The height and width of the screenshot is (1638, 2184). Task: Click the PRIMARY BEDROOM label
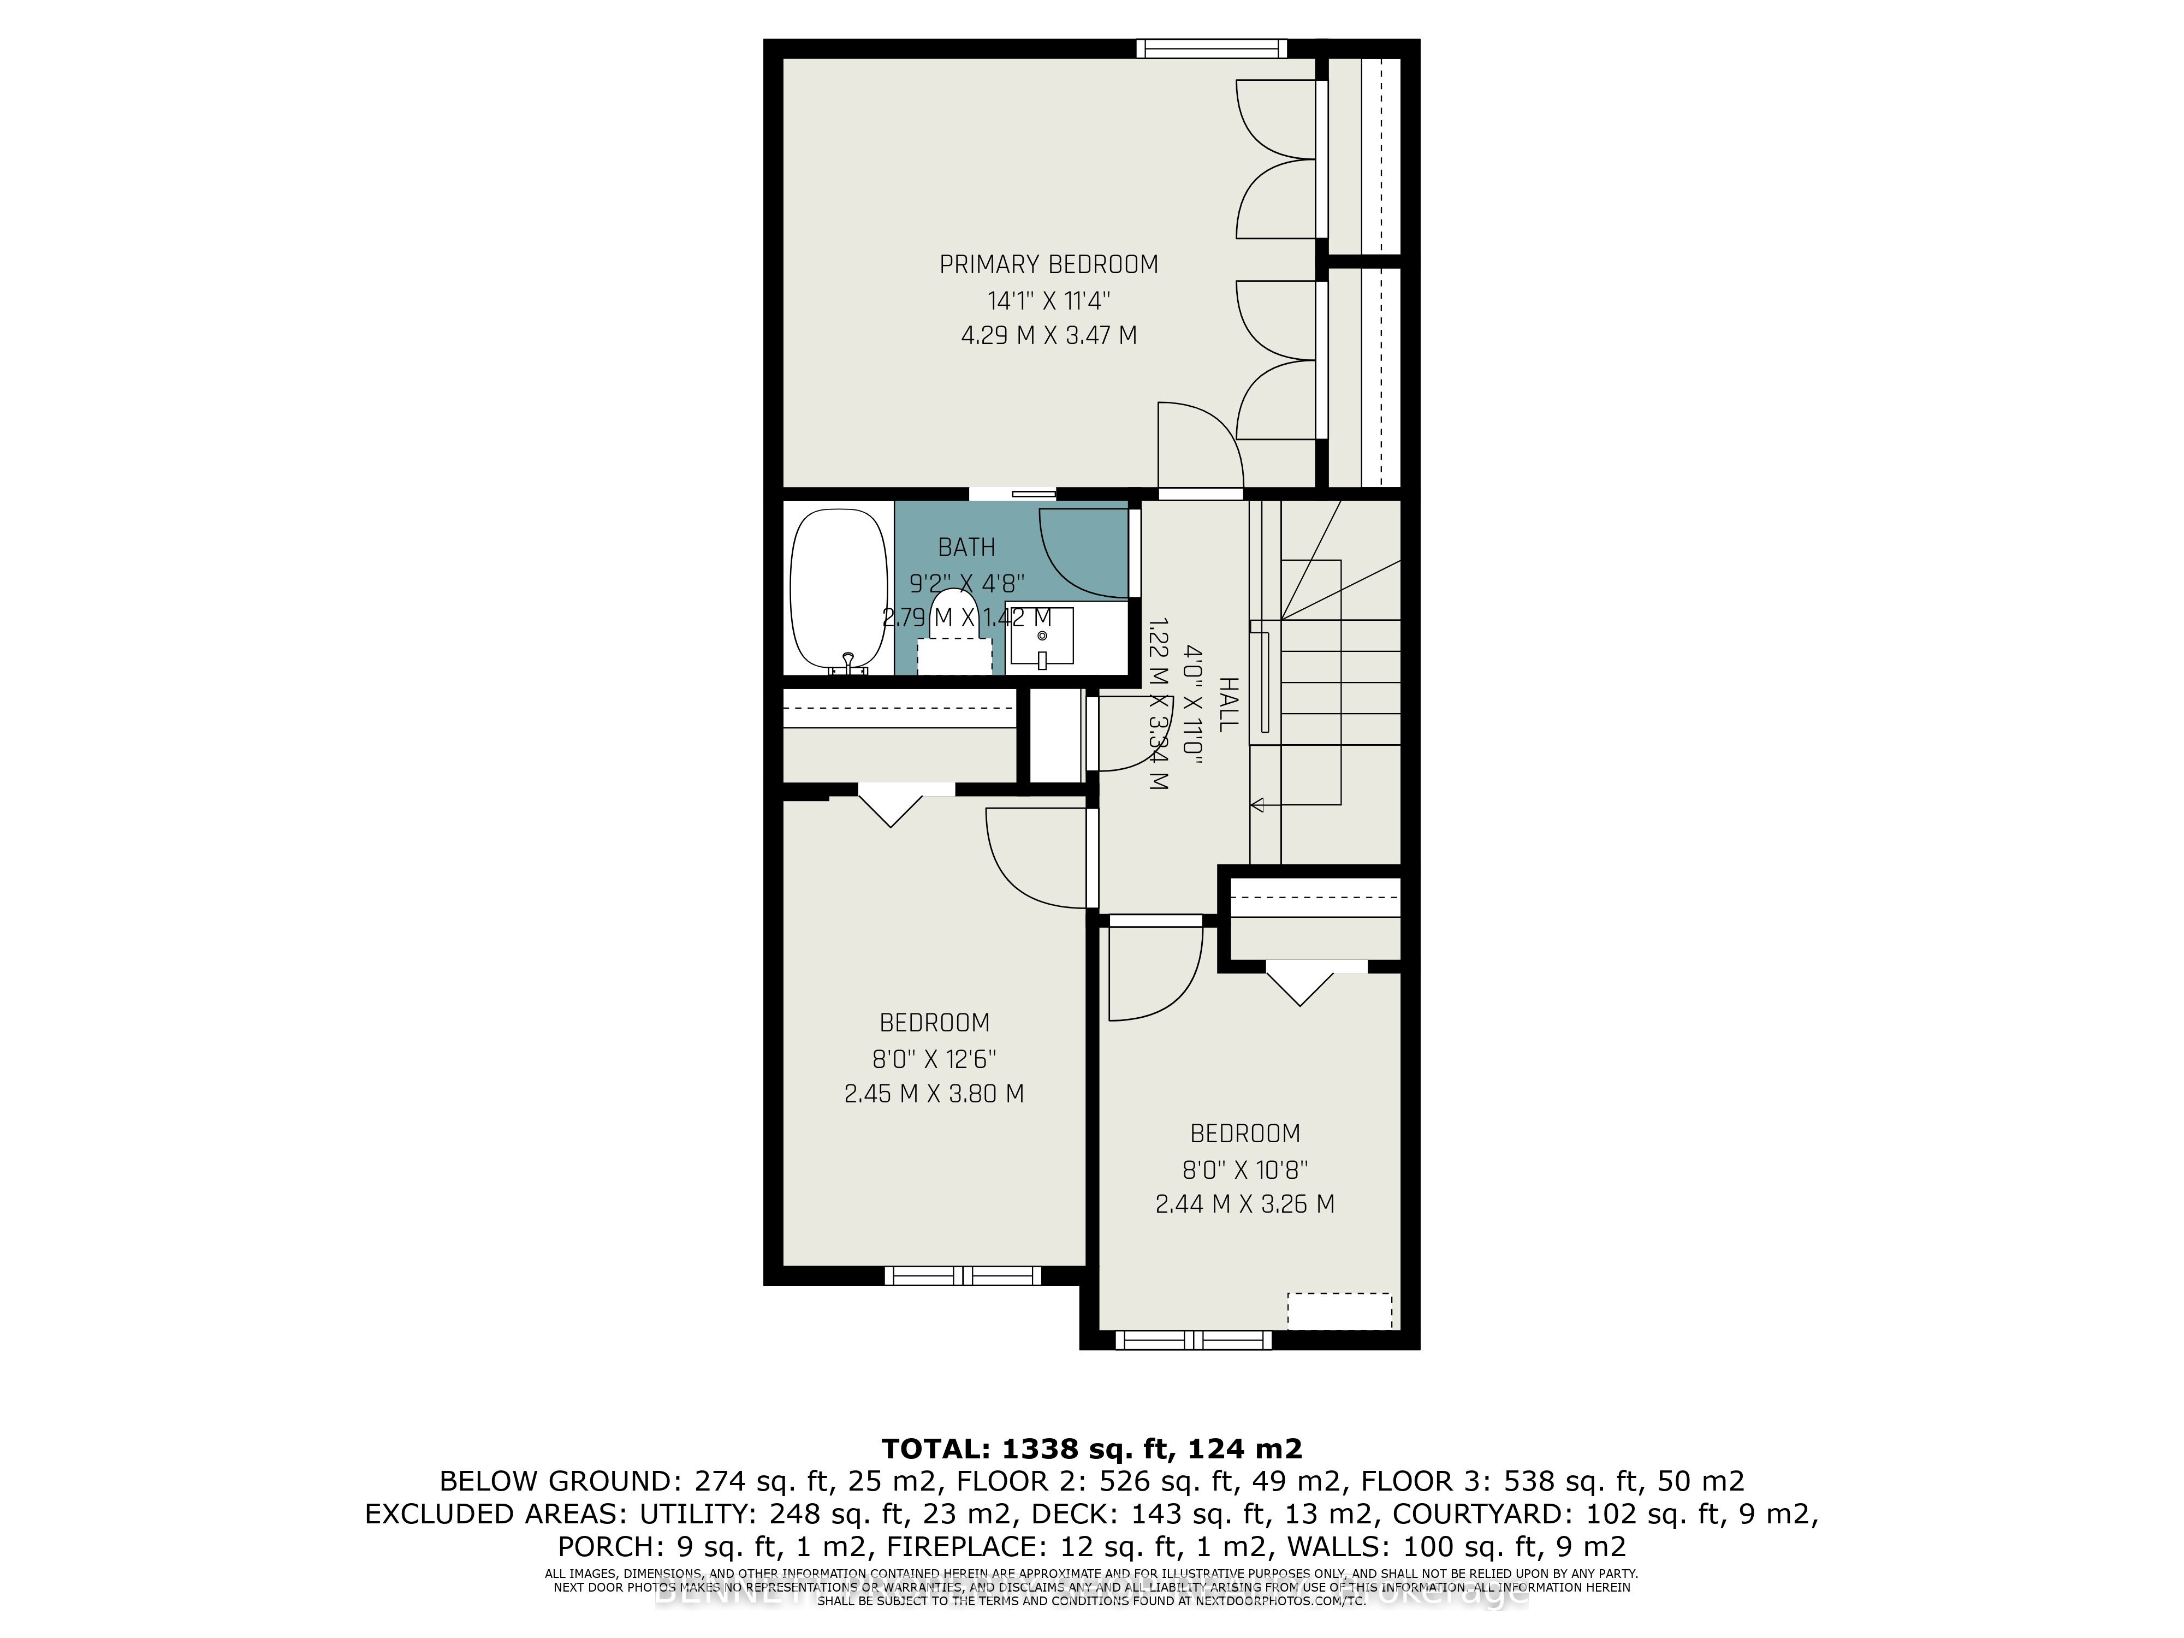(x=1048, y=265)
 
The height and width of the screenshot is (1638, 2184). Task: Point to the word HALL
(x=1227, y=704)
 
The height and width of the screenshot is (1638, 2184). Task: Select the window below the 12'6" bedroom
(x=963, y=1275)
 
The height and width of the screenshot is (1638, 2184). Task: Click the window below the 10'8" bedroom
(x=1194, y=1340)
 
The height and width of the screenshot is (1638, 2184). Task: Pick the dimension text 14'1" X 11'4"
(x=1048, y=300)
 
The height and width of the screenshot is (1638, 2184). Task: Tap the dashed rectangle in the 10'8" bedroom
(x=1339, y=1311)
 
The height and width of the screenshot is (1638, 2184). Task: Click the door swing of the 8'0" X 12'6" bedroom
(x=1037, y=859)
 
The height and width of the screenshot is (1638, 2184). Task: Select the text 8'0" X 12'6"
(x=934, y=1059)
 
